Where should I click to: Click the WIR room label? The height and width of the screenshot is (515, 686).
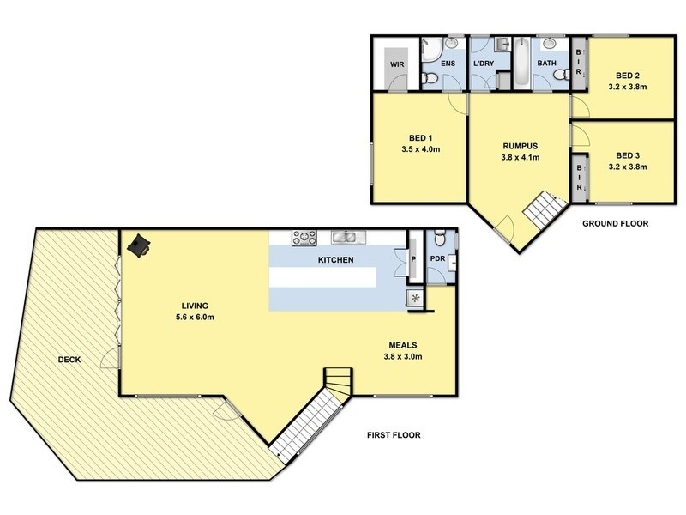coord(397,64)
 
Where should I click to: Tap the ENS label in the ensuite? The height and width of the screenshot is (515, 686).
coord(448,64)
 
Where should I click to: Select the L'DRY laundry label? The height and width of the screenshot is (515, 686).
coord(484,64)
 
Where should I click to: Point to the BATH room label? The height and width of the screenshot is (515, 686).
coord(546,64)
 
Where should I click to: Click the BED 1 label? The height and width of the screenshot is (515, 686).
coord(420,138)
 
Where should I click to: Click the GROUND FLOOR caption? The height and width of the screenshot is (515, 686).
coord(615,224)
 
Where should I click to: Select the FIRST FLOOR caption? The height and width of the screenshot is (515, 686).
coord(395,435)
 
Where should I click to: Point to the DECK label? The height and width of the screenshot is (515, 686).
coord(69,360)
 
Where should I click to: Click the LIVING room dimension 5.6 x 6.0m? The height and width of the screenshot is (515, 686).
coord(195,318)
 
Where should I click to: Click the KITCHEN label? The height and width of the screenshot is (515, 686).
coord(336,259)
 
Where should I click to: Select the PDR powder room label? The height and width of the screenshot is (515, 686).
coord(436,257)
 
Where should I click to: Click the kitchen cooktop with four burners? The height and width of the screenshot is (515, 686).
coord(304,237)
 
